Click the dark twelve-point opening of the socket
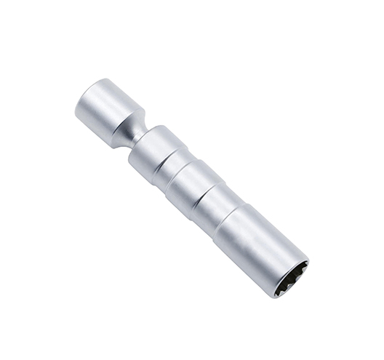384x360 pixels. pos(291,279)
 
